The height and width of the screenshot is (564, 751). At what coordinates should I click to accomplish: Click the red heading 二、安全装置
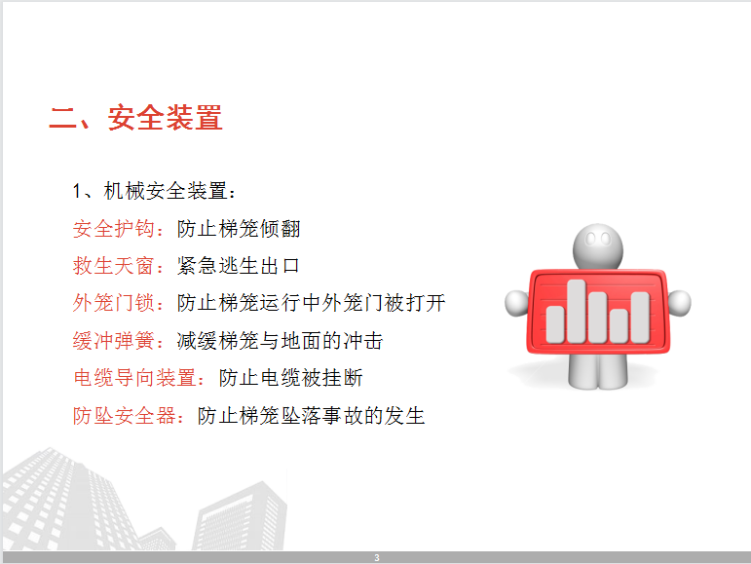pos(136,117)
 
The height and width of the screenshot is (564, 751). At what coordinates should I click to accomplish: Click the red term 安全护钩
pos(114,229)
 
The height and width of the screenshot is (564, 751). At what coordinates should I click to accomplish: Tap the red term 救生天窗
pos(114,266)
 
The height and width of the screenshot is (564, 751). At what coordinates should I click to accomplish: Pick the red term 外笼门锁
pos(114,303)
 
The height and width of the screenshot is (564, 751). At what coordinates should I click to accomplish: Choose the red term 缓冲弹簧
pos(114,340)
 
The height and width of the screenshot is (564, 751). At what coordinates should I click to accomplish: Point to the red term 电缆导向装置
pos(134,378)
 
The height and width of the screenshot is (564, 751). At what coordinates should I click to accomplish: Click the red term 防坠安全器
pos(124,415)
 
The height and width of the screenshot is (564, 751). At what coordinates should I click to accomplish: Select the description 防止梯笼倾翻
pos(239,229)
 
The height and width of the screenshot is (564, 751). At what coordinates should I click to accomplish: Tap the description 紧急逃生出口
pos(239,266)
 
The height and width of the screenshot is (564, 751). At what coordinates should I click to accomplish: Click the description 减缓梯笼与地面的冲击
pos(280,340)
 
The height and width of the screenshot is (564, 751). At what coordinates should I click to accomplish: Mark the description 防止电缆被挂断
pos(290,378)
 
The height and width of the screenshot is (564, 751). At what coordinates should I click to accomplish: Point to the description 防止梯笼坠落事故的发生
pos(312,415)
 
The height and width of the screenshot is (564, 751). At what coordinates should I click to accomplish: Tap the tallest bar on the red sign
pos(577,311)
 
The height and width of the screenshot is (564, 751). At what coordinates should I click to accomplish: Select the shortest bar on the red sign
pos(619,325)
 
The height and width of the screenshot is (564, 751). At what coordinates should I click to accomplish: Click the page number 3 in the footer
pos(377,558)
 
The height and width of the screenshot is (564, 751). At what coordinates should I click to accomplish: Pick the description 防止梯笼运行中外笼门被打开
pos(312,303)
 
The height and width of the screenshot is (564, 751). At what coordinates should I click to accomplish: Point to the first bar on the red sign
pos(555,324)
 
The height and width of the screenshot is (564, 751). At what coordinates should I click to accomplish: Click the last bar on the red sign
pos(640,318)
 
